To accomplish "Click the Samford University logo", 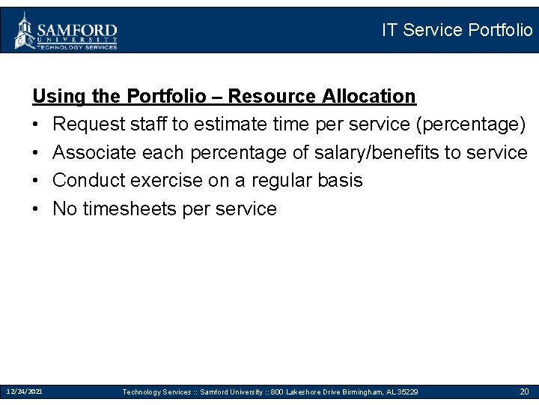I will point(66,31).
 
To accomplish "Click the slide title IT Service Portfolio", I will point(457,30).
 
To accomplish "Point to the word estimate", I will point(234,124).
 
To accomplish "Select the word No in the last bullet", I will point(65,208).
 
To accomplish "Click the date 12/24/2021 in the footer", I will point(24,391).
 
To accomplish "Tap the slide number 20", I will point(524,391).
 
